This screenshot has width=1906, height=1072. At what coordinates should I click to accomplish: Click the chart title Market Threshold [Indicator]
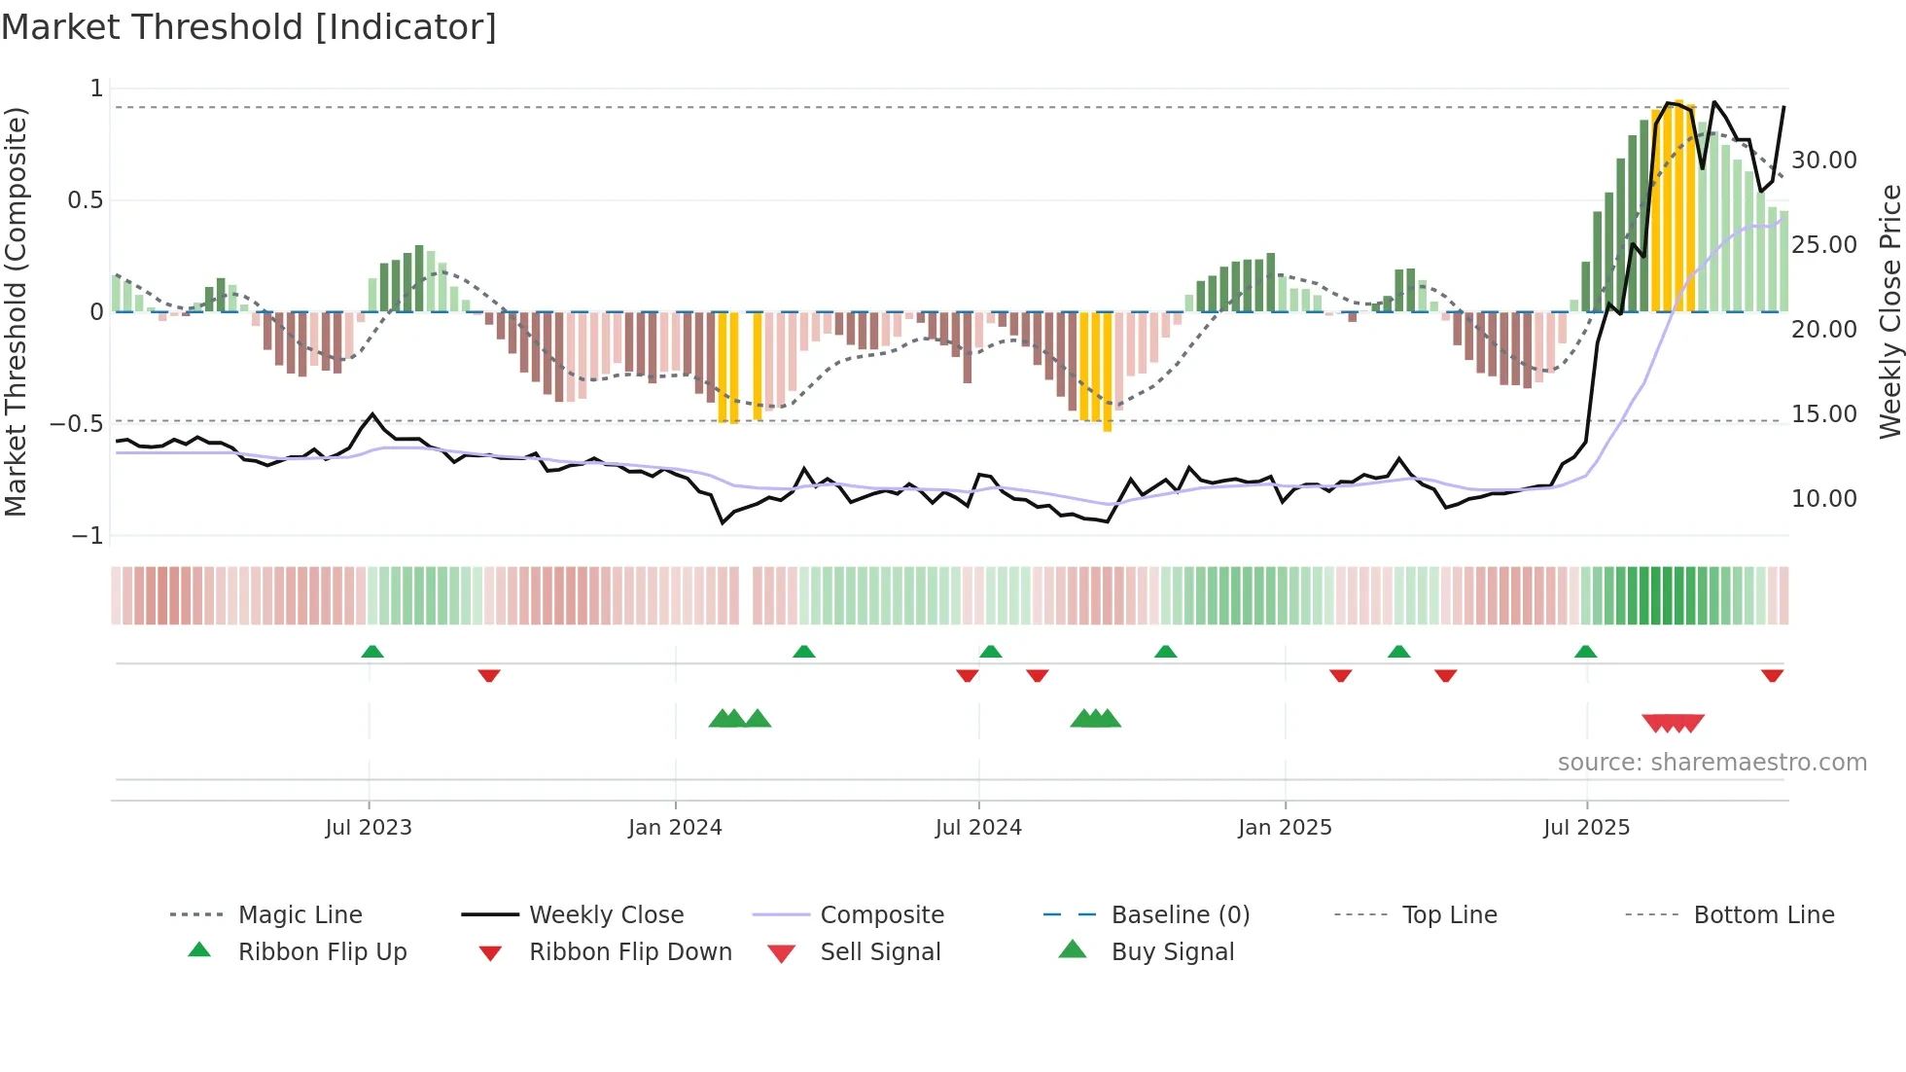(249, 26)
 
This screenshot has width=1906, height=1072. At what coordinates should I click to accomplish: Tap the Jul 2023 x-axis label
(369, 828)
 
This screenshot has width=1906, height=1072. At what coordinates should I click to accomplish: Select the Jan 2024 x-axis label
(675, 828)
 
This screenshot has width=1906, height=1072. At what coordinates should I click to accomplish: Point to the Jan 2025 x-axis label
(1285, 828)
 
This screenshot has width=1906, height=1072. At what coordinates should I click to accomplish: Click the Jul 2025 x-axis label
(1586, 828)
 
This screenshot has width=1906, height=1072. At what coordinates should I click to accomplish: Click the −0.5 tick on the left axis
(77, 424)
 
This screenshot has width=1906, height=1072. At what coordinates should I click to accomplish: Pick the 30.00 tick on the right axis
(1823, 161)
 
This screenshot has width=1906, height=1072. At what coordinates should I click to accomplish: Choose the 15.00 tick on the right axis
(1823, 414)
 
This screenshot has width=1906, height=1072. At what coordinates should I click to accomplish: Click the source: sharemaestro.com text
(1712, 763)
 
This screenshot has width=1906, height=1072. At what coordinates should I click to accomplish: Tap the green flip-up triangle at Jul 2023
(372, 652)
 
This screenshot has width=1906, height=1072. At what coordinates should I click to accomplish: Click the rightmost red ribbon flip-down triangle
(1772, 675)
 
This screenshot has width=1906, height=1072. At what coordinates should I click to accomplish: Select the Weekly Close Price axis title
(1889, 311)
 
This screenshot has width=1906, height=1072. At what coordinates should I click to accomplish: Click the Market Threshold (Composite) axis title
(16, 311)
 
